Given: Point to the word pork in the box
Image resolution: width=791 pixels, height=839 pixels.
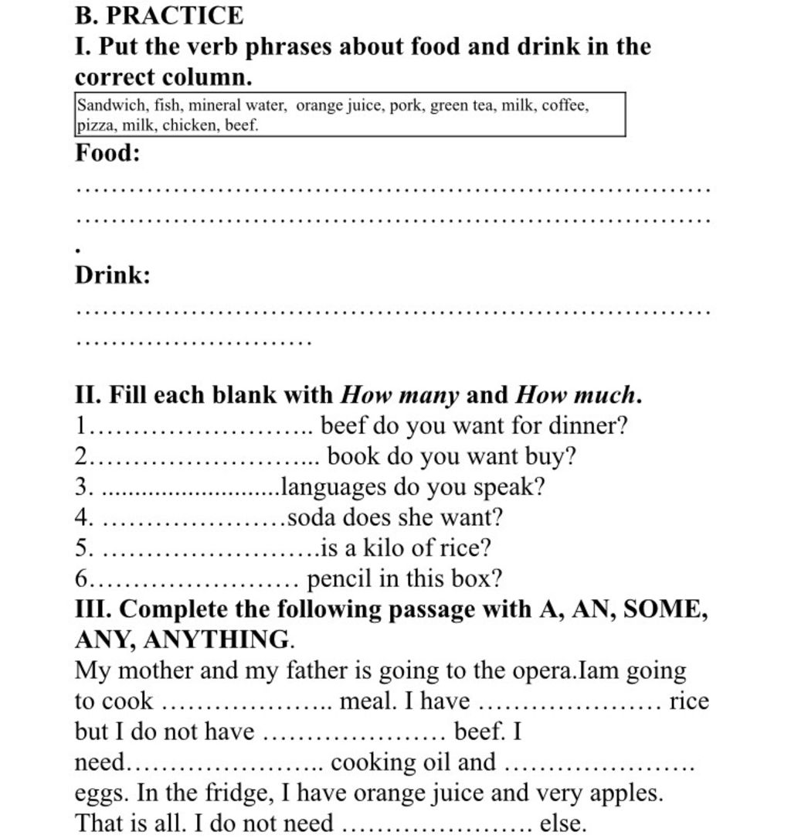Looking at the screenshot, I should pyautogui.click(x=406, y=106).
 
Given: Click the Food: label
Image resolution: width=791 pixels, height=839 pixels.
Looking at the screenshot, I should pyautogui.click(x=107, y=153).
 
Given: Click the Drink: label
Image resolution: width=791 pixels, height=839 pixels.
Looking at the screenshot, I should pyautogui.click(x=113, y=275).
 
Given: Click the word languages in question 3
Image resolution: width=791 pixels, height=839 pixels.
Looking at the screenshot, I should pyautogui.click(x=334, y=487).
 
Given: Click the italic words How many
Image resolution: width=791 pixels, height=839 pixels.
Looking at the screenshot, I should pyautogui.click(x=400, y=395).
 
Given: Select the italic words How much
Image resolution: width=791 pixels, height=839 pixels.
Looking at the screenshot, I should pyautogui.click(x=576, y=395).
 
